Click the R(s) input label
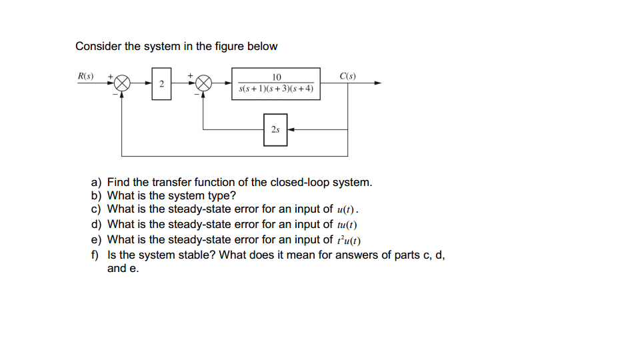point(85,75)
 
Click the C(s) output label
point(347,75)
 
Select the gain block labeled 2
point(161,83)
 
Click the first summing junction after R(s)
point(122,83)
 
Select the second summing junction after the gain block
point(203,83)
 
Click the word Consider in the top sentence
point(98,46)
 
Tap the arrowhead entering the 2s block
point(291,129)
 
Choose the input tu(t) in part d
point(350,225)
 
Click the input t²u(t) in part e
point(350,239)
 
